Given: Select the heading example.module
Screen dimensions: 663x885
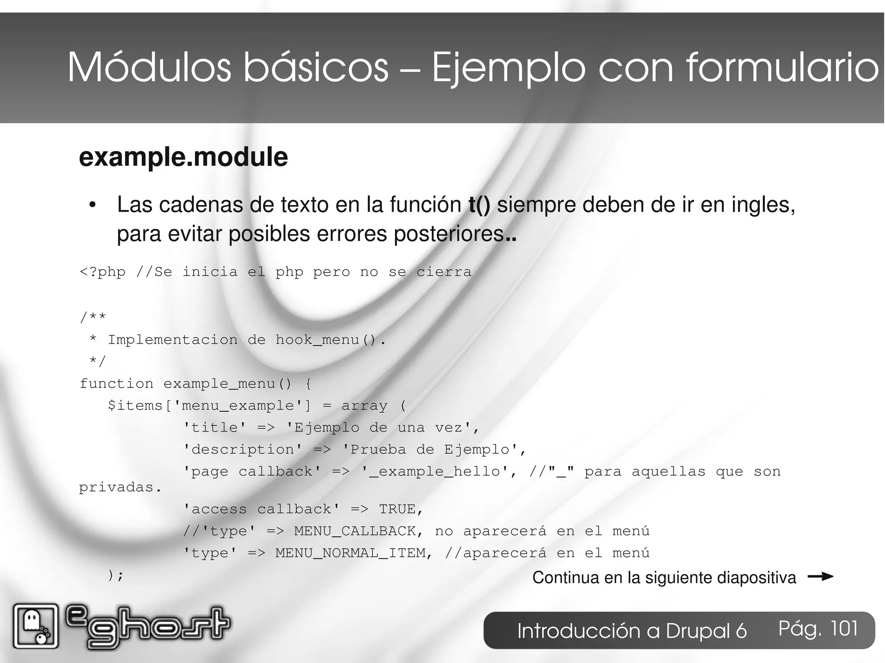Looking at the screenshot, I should tap(183, 157).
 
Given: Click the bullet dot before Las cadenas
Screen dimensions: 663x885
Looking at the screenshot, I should tap(92, 206).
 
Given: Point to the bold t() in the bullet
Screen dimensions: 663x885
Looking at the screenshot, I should tap(479, 205).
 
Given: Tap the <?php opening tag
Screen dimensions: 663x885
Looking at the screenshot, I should tap(102, 272).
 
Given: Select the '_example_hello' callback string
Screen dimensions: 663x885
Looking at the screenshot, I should tap(435, 471).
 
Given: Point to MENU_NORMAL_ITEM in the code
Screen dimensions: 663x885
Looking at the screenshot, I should tap(350, 553).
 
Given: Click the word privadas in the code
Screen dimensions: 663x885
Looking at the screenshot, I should tap(116, 488).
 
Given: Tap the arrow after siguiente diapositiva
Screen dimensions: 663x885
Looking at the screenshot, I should tap(820, 577).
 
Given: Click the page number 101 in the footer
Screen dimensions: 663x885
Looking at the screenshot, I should tap(844, 628).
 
